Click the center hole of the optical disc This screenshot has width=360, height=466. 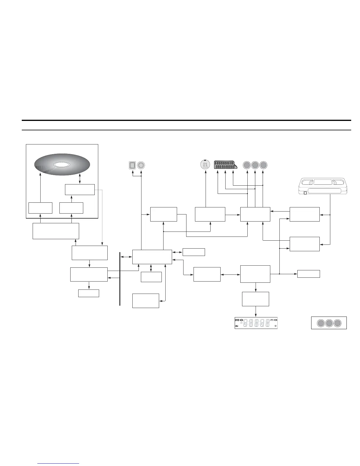tap(62, 165)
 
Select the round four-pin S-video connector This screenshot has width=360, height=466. tap(205, 165)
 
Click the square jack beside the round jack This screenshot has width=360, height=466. tap(132, 165)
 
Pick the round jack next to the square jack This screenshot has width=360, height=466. tap(141, 165)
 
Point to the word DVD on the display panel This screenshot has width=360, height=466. tap(237, 320)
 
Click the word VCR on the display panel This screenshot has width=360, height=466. tap(275, 320)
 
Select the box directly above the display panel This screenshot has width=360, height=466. tap(255, 299)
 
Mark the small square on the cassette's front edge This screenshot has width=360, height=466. tap(305, 193)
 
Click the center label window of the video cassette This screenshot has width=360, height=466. tap(322, 182)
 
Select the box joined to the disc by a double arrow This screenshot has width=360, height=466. tap(80, 189)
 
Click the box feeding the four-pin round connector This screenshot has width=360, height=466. tap(210, 214)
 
